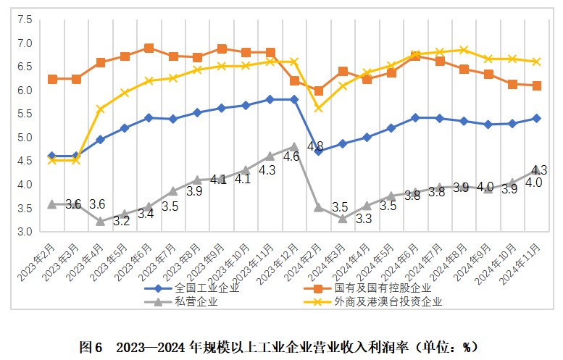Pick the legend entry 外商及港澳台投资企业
tap(388, 301)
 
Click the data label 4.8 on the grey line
tap(315, 146)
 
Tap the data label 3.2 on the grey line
tap(121, 220)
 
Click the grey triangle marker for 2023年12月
tap(294, 146)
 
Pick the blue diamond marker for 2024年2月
tap(318, 151)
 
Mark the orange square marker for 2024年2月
tap(318, 91)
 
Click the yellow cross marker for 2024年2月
tap(318, 108)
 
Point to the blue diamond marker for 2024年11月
tap(536, 117)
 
